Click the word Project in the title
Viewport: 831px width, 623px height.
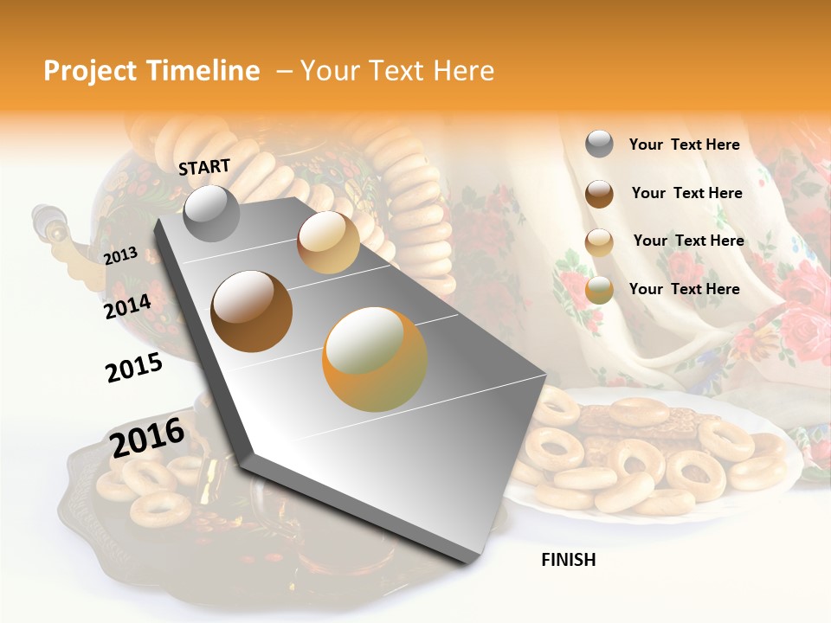(90, 72)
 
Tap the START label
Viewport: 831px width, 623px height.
(204, 167)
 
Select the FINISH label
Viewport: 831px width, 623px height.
(569, 560)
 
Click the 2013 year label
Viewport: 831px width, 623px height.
(120, 256)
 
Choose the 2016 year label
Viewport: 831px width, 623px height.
(147, 438)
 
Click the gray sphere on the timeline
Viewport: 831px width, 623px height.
(212, 213)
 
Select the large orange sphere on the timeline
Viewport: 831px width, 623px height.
(375, 359)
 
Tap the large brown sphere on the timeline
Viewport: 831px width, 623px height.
(252, 311)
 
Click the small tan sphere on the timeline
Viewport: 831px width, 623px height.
(328, 242)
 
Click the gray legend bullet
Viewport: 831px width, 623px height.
(599, 145)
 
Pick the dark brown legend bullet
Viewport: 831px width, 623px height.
(599, 194)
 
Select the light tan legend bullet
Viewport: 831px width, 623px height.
(599, 242)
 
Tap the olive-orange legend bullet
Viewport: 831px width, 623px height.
(599, 290)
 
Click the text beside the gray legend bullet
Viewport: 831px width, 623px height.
(684, 145)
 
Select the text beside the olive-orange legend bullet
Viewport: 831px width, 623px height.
(684, 289)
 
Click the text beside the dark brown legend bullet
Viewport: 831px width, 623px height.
(686, 193)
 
